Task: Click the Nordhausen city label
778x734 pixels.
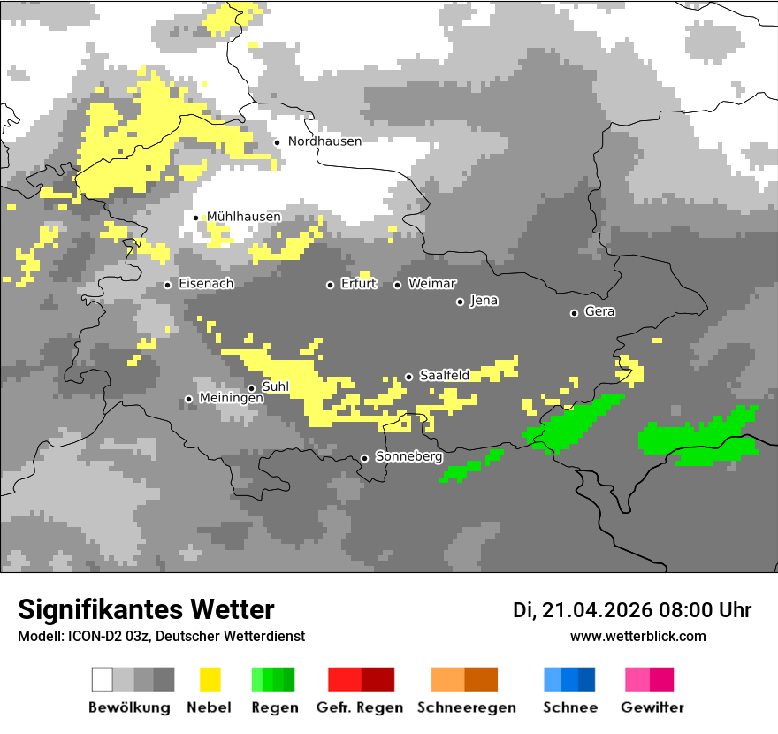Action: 324,141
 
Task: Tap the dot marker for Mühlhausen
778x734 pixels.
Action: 196,218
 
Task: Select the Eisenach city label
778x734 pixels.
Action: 206,284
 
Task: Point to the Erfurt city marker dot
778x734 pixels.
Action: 331,285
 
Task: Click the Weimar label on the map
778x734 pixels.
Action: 432,284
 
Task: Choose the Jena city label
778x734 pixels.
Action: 484,301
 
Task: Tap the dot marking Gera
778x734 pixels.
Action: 574,313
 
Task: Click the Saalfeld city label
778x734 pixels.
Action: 444,376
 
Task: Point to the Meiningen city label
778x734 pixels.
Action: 232,399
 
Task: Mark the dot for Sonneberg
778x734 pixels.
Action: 364,458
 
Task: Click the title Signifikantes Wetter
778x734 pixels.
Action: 146,609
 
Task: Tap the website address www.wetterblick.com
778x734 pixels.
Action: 637,636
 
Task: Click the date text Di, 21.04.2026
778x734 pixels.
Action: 582,610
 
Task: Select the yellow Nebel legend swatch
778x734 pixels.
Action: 210,679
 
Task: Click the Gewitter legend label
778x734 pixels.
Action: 652,707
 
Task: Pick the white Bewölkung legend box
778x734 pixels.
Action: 103,679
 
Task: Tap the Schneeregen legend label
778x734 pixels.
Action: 467,707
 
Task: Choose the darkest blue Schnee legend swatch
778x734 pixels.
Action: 587,679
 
